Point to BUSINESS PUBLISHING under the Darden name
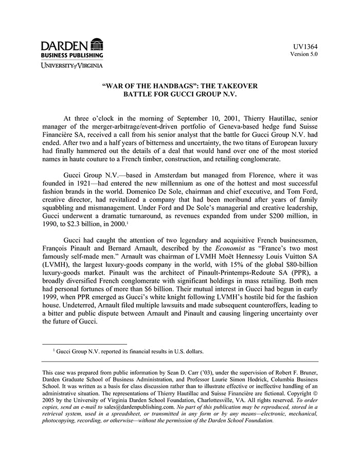[72, 55]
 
